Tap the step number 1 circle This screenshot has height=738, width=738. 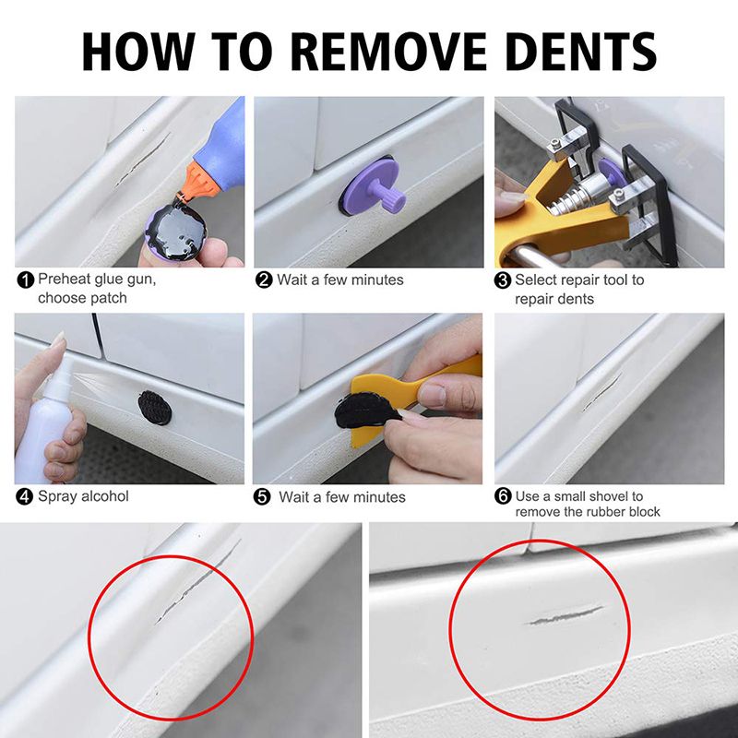coord(26,280)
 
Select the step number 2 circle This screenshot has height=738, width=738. coord(264,280)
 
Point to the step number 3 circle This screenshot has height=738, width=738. coord(503,280)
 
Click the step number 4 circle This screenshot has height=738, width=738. coord(24,496)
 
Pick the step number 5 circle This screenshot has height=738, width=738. coord(262,497)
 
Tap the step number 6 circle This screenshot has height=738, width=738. coord(503,496)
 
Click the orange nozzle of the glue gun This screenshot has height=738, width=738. coord(200,181)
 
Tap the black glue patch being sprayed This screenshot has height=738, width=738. coord(155,408)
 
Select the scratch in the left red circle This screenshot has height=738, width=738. coord(197,582)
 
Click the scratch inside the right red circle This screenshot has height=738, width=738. coord(565,614)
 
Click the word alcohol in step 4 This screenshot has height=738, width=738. coord(105,496)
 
